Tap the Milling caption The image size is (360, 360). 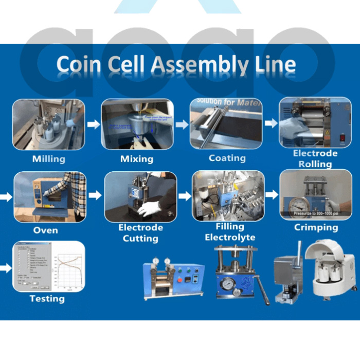tap(49, 159)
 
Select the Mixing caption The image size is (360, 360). tap(137, 159)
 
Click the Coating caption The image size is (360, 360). tap(227, 158)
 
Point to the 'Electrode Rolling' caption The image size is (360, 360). tap(315, 159)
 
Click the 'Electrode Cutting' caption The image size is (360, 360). tap(140, 233)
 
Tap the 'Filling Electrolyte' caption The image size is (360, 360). tap(230, 232)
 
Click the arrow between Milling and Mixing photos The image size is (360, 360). tap(93, 124)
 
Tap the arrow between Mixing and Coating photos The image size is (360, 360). tap(182, 124)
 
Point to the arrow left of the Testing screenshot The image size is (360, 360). tap(6, 268)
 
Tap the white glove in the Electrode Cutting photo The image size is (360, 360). tap(151, 208)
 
